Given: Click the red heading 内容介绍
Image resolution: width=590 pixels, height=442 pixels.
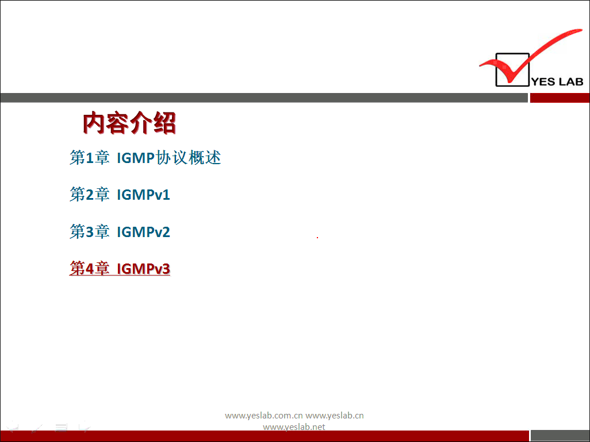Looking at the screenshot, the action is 129,123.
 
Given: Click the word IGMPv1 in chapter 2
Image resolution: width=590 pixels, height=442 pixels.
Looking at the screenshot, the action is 143,195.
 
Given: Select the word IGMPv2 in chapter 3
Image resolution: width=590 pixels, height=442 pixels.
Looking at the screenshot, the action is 143,232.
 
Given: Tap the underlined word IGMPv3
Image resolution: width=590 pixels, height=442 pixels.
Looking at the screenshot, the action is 143,269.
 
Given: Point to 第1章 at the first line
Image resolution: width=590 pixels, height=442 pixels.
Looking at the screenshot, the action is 90,158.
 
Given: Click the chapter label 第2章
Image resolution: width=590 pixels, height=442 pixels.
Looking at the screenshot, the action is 90,195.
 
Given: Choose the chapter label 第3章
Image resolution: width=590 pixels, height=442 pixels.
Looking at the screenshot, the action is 90,232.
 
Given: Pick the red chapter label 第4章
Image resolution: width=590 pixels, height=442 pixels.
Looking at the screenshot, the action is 90,269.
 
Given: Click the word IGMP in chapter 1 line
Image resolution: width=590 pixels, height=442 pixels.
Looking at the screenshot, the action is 136,158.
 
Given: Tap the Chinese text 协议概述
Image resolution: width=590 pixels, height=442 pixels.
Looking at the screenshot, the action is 188,158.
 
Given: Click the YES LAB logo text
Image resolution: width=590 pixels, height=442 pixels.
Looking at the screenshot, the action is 557,82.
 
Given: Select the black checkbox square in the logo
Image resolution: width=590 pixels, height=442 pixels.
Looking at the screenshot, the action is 496,70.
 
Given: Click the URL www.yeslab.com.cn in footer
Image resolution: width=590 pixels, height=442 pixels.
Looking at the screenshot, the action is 264,416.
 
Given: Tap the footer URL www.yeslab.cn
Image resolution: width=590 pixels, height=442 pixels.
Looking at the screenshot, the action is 335,416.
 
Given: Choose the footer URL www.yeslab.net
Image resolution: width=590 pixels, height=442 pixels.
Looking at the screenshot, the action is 294,427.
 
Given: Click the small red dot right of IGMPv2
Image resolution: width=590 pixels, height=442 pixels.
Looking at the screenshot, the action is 317,237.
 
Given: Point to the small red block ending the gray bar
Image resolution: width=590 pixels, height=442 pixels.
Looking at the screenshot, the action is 560,98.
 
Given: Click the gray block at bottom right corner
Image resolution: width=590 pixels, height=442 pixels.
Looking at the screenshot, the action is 560,436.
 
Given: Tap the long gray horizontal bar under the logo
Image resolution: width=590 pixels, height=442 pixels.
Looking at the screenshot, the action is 264,98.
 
